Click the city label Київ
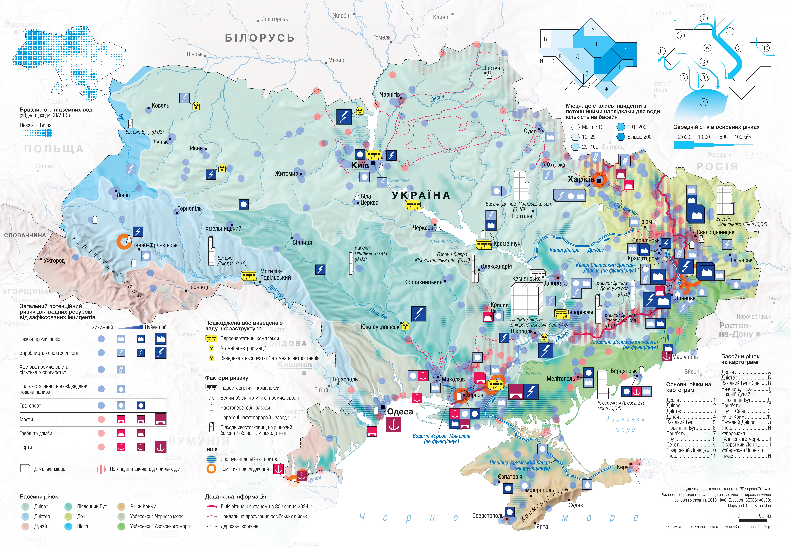360,165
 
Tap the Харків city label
581,179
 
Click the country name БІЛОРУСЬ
259,38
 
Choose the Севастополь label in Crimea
488,516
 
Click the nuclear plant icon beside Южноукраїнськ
405,326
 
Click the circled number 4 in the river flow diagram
704,102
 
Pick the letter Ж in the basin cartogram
606,89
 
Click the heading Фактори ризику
227,378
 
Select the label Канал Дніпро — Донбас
577,250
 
